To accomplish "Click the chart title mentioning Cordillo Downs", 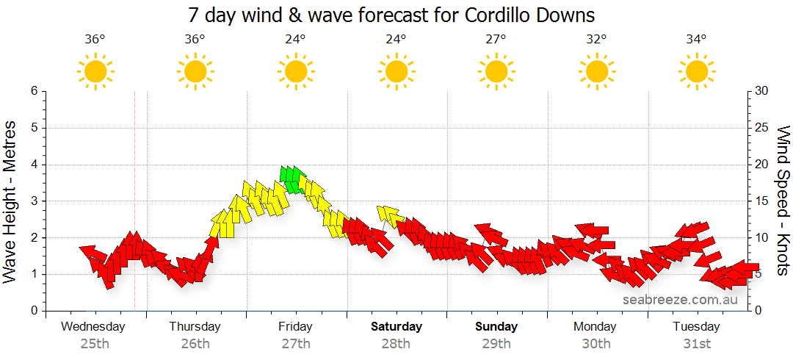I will pos(391,15).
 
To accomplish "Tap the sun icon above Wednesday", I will pos(95,71).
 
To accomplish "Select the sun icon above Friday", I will pos(295,71).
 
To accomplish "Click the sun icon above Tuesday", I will pos(696,71).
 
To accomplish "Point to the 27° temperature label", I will pos(496,40).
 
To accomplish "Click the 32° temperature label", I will pos(596,40).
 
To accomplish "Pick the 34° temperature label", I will pos(696,40).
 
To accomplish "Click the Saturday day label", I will pos(396,327).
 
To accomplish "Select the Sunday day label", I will pos(496,327).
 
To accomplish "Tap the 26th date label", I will pos(195,344).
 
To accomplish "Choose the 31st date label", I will pos(696,344).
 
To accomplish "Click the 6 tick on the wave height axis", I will pos(33,91).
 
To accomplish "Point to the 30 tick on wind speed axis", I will pos(763,91).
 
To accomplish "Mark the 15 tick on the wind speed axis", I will pos(763,201).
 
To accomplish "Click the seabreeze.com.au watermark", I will pos(680,300).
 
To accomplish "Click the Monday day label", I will pos(596,327).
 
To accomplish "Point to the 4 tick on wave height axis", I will pos(33,165).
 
